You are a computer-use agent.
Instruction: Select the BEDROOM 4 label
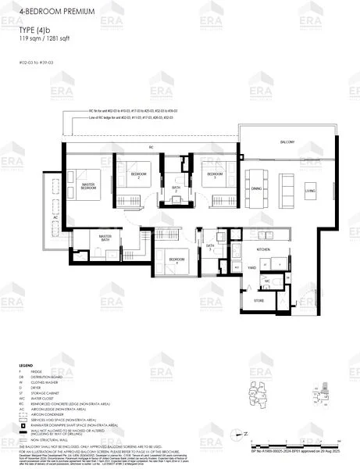point(177,259)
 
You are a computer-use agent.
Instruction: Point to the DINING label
point(256,188)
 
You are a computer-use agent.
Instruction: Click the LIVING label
point(310,191)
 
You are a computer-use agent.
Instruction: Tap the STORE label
point(258,300)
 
